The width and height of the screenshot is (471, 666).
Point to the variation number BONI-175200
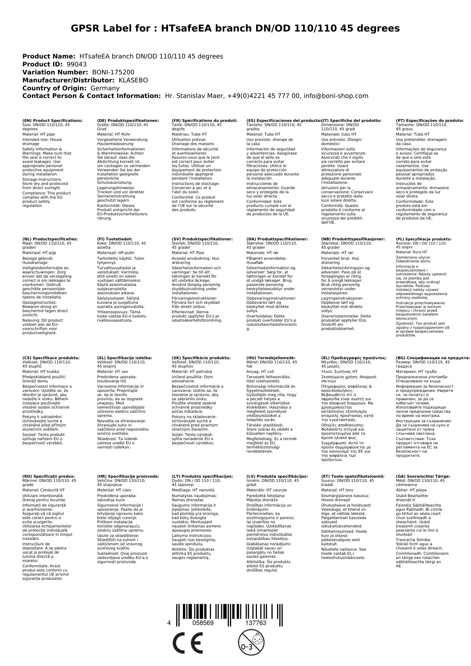113,72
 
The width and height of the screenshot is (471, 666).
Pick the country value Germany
105,88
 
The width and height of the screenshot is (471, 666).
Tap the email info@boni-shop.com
336,96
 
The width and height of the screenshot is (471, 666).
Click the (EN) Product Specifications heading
52,120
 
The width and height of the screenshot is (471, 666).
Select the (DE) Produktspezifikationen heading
128,120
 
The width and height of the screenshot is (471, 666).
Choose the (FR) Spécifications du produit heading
205,120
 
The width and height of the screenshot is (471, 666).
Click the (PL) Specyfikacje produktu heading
424,239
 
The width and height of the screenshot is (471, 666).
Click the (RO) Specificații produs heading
49,476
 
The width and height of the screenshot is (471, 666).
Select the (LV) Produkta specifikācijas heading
277,476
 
